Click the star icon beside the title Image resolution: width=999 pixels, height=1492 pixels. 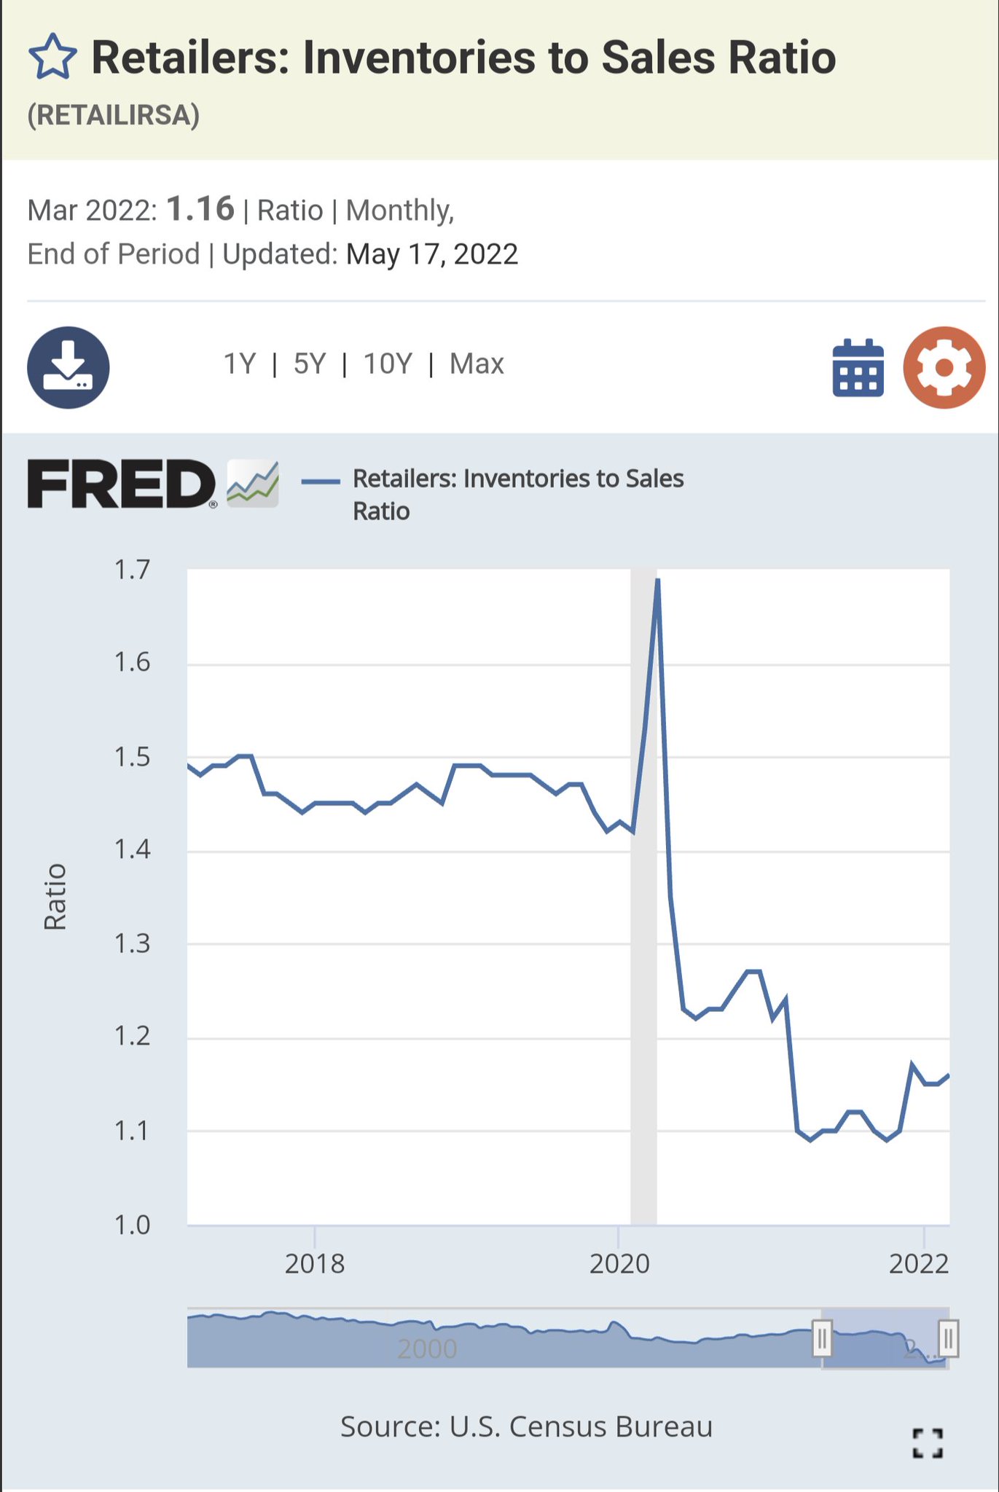(x=52, y=57)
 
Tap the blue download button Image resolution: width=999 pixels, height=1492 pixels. (x=68, y=367)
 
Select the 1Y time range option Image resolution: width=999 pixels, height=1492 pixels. (x=239, y=364)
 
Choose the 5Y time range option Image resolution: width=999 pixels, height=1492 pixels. (x=309, y=364)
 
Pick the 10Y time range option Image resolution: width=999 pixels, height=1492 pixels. (x=388, y=364)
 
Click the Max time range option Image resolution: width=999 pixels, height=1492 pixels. (x=477, y=364)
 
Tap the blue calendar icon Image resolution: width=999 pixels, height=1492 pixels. (x=858, y=368)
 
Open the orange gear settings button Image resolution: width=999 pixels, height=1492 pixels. (x=944, y=367)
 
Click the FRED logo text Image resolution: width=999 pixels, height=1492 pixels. (x=121, y=484)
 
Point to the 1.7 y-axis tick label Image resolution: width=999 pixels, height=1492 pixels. (x=132, y=570)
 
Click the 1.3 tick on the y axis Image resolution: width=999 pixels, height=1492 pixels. (x=132, y=944)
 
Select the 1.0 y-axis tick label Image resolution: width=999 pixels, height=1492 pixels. (x=132, y=1225)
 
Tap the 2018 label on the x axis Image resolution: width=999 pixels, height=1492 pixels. (x=314, y=1263)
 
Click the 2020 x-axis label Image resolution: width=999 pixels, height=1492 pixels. (x=619, y=1263)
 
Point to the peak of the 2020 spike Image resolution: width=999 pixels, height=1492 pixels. (x=658, y=580)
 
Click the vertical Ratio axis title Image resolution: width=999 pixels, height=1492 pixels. (x=55, y=897)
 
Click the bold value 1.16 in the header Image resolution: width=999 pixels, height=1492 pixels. (x=200, y=209)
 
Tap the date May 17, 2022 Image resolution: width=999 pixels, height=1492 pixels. (x=432, y=254)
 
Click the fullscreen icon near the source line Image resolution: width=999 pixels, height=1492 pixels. (x=928, y=1442)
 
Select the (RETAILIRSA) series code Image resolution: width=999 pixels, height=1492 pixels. (x=114, y=115)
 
